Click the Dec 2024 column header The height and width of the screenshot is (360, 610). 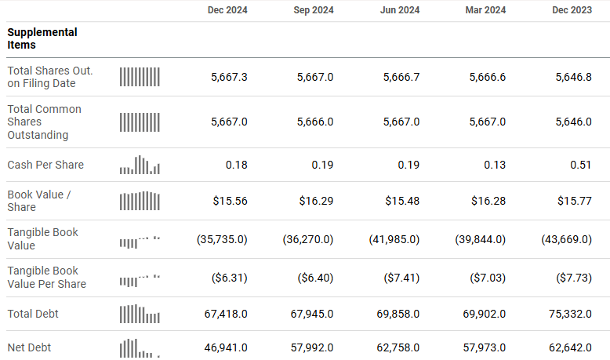click(x=227, y=10)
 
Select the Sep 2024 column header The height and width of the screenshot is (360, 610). click(x=314, y=10)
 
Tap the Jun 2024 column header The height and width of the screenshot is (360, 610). click(x=400, y=10)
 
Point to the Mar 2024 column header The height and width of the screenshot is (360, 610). click(x=486, y=10)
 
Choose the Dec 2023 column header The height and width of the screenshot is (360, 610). click(x=572, y=10)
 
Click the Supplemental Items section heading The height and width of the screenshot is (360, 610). click(x=42, y=38)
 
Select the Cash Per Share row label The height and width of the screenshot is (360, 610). click(x=45, y=165)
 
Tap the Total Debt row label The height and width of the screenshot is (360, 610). click(x=33, y=314)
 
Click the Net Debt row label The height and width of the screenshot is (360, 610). click(x=29, y=347)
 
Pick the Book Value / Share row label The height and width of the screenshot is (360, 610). click(x=39, y=201)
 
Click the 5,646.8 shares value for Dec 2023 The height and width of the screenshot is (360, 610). click(x=573, y=77)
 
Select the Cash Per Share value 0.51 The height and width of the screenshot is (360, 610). click(x=582, y=165)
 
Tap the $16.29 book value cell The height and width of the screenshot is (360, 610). click(x=316, y=201)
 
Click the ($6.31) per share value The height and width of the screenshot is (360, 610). click(x=230, y=278)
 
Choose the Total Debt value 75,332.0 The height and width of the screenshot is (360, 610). click(x=569, y=314)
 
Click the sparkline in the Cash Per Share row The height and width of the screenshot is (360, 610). click(x=140, y=165)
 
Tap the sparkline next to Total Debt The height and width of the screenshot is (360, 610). click(x=140, y=314)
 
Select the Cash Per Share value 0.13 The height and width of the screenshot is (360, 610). click(x=496, y=165)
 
